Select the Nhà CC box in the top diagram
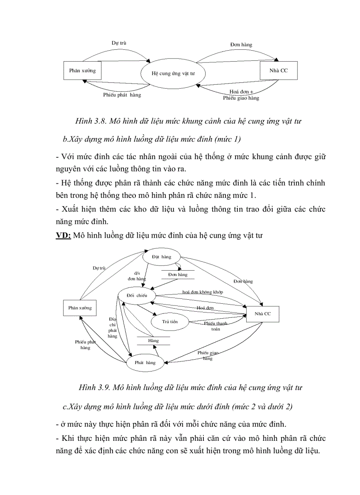tap(278, 71)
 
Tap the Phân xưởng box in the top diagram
tap(82, 71)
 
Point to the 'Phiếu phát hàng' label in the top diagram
tap(122, 95)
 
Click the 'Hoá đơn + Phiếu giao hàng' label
tap(241, 95)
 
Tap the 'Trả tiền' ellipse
tap(169, 322)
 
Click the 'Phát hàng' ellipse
tap(145, 362)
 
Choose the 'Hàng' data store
tap(153, 341)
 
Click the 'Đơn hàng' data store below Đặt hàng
tap(177, 274)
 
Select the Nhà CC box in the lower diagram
tap(262, 313)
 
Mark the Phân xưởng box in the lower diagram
tap(80, 308)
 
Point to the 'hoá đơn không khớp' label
tap(202, 292)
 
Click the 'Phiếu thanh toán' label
tap(215, 326)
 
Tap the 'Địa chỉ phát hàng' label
tap(112, 327)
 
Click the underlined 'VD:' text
tap(64, 235)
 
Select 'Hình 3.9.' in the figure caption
tap(94, 387)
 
